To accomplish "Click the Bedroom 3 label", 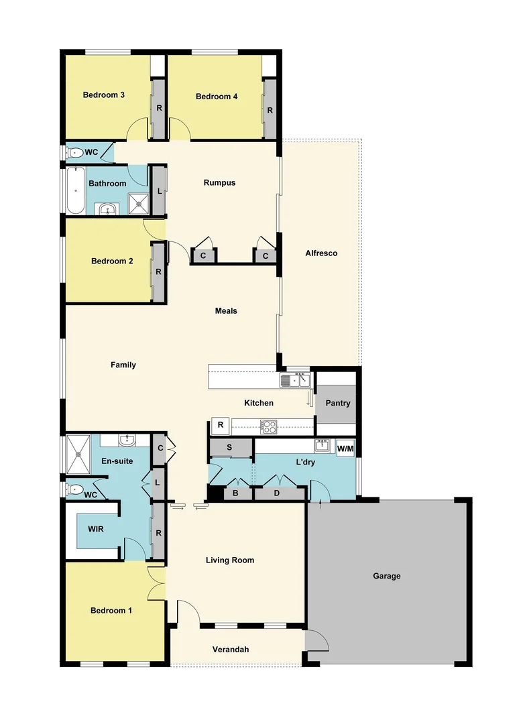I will (x=103, y=95).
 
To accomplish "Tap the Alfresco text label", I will (x=320, y=253).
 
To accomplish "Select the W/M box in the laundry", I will (x=345, y=448).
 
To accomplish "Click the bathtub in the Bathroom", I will (x=75, y=190).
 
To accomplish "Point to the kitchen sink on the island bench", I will (x=295, y=381).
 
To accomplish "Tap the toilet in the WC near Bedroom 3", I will (x=74, y=153).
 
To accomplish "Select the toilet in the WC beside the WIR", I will (x=74, y=489).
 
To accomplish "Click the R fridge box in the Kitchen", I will (x=220, y=424).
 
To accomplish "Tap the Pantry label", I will (x=337, y=404).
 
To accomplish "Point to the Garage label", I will (x=387, y=576).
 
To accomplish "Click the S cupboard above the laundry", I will (x=229, y=447).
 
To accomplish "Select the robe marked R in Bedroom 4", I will (x=270, y=109).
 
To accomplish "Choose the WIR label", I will (x=96, y=528).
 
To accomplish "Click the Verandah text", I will (x=231, y=650).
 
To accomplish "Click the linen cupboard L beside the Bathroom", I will (x=158, y=191).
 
